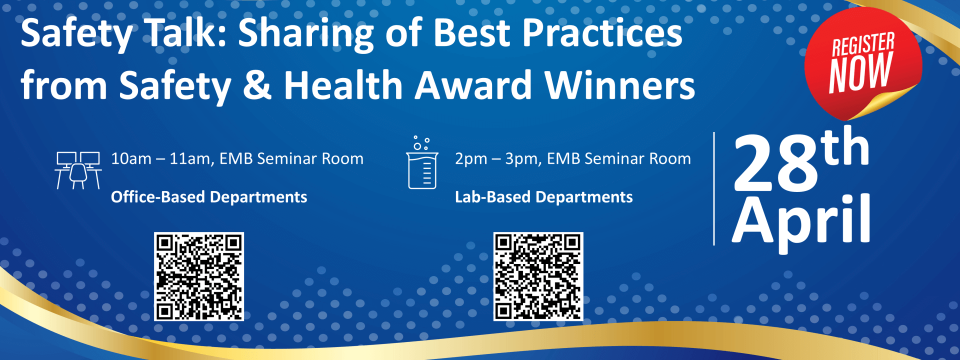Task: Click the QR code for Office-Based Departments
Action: click(x=199, y=276)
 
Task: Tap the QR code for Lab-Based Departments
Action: click(x=538, y=276)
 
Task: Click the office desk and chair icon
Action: click(x=78, y=170)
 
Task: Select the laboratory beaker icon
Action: click(x=422, y=162)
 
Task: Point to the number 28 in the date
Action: click(x=775, y=163)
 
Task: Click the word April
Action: click(x=801, y=220)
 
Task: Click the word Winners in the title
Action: click(x=619, y=84)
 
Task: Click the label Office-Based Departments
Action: click(x=209, y=197)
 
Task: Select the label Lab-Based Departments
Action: click(x=544, y=197)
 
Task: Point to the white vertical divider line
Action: click(x=714, y=188)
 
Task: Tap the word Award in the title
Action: click(x=473, y=84)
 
